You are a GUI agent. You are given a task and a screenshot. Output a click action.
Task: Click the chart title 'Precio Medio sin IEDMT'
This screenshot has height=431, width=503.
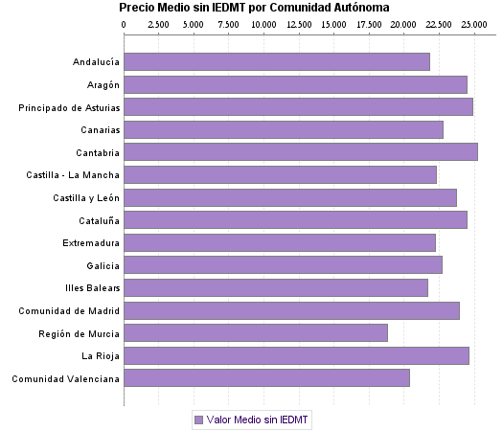[254, 8]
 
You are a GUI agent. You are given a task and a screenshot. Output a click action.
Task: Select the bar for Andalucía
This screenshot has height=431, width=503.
[277, 62]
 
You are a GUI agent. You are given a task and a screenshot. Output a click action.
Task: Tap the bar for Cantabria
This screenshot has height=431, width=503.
[301, 151]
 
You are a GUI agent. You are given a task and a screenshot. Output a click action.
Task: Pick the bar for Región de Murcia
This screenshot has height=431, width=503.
[256, 332]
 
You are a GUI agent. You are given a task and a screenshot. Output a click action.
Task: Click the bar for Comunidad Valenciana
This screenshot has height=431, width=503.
[266, 377]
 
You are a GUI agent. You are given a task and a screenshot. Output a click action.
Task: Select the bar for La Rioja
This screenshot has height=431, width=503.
[296, 355]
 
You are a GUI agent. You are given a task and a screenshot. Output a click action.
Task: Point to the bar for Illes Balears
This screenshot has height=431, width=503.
[276, 287]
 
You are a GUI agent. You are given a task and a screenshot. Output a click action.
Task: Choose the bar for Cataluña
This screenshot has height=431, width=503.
[295, 219]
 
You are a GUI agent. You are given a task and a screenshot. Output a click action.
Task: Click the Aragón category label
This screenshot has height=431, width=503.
[101, 85]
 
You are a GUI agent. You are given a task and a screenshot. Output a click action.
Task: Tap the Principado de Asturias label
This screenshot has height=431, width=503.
[69, 107]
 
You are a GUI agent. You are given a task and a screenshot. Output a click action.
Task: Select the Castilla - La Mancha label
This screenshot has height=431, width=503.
[74, 175]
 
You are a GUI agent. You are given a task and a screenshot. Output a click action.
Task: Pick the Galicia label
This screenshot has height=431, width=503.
[103, 265]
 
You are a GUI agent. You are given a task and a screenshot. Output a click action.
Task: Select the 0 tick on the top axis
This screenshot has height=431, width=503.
[125, 24]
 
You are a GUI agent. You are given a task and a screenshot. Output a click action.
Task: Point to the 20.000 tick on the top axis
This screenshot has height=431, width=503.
[403, 24]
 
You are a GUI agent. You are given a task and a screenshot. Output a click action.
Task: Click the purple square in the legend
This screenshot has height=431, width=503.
[198, 420]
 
